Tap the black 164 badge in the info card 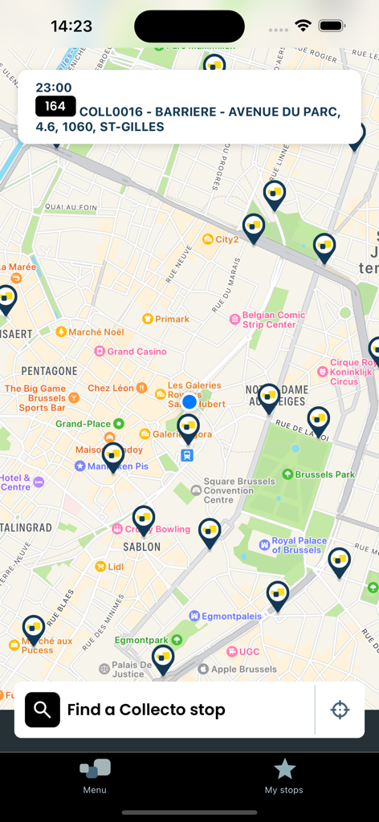pyautogui.click(x=55, y=107)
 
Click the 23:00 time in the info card pyautogui.click(x=54, y=87)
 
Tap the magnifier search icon pyautogui.click(x=43, y=710)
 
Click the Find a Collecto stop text pyautogui.click(x=146, y=710)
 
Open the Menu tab pyautogui.click(x=95, y=775)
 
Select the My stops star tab pyautogui.click(x=284, y=775)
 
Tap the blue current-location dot pyautogui.click(x=189, y=401)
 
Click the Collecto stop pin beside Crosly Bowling pyautogui.click(x=144, y=519)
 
